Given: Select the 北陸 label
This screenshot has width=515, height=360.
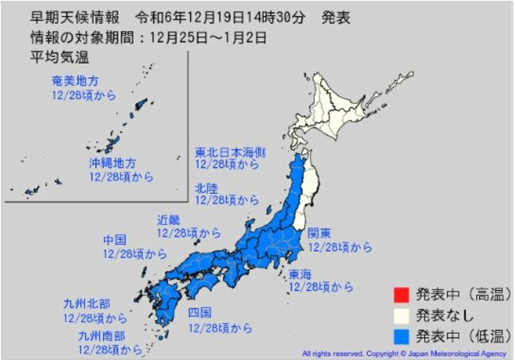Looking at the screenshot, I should pyautogui.click(x=207, y=188).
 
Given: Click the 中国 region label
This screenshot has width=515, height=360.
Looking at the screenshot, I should pyautogui.click(x=114, y=239).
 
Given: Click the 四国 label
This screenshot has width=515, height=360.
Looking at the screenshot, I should pyautogui.click(x=199, y=312).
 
